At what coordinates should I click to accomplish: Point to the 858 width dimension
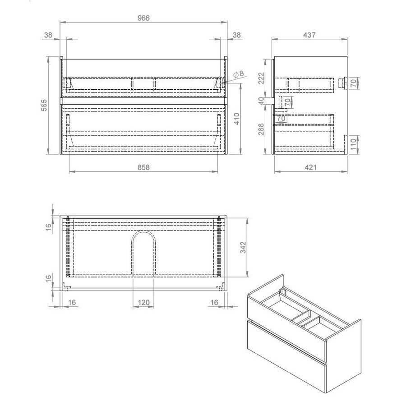click(143, 167)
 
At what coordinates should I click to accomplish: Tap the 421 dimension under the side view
click(311, 167)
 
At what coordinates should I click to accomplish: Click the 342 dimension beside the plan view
click(242, 247)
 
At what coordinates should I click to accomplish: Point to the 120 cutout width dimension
click(143, 303)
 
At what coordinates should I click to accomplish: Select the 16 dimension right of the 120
click(214, 303)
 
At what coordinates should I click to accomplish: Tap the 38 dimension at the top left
click(49, 34)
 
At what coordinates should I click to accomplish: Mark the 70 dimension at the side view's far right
click(354, 83)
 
